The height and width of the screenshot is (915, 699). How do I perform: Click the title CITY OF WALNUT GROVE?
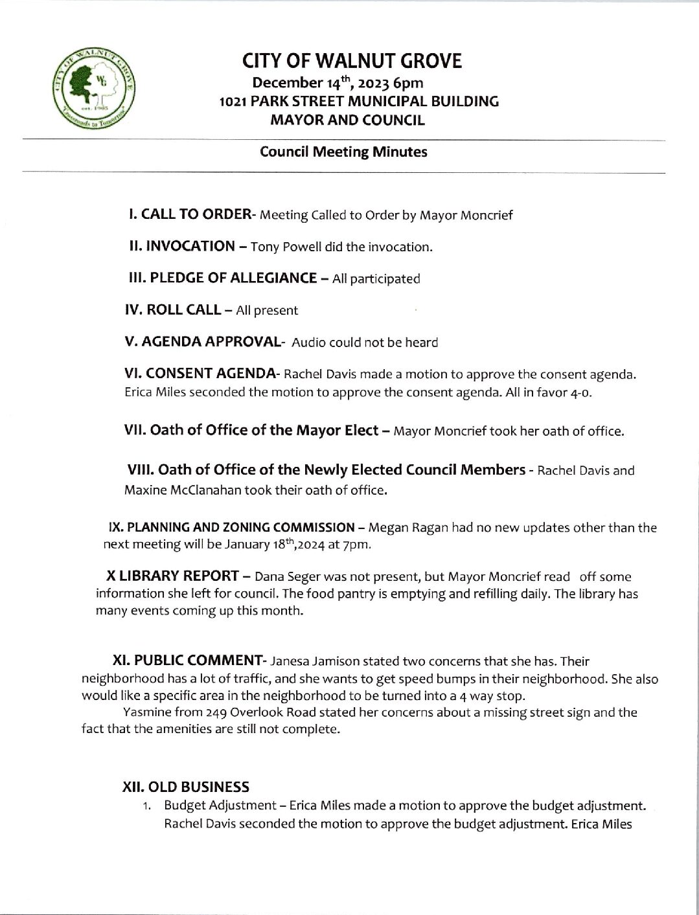[x=352, y=61]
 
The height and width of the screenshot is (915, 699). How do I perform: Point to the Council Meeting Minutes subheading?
[x=343, y=152]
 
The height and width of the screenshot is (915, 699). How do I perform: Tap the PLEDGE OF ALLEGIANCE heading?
[x=223, y=278]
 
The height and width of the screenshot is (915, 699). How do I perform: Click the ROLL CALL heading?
[x=172, y=310]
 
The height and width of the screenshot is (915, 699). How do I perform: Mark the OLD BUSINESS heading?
[x=186, y=787]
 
